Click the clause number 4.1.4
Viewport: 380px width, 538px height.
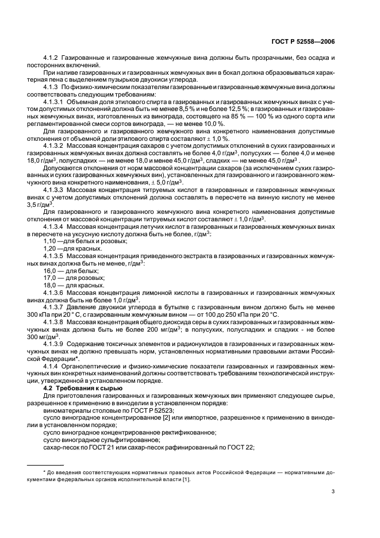(x=53, y=366)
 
